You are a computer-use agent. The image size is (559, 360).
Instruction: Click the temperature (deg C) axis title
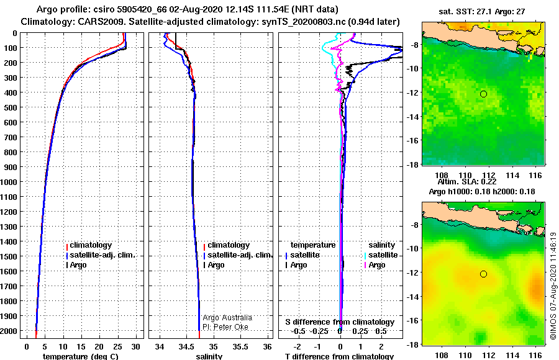pos(80,356)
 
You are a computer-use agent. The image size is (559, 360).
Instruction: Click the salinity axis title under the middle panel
pos(209,356)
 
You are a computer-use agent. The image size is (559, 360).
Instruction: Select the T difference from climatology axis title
pos(339,356)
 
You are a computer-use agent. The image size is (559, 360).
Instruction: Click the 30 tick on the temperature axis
pos(135,346)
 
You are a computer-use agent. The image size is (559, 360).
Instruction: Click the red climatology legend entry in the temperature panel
pos(89,245)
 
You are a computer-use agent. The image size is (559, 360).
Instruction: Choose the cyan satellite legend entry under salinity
pos(381,255)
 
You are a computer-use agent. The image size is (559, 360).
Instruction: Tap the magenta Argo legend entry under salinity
pos(375,265)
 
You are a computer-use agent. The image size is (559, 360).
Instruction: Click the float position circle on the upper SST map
pos(483,94)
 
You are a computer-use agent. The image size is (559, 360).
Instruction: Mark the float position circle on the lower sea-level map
pos(483,274)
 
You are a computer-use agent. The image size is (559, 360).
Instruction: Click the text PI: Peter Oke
pos(225,327)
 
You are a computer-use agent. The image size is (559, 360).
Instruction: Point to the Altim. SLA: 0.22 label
pos(467,182)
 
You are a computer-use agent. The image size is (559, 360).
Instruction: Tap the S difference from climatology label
pos(340,322)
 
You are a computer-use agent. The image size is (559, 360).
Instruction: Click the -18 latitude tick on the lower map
pos(413,344)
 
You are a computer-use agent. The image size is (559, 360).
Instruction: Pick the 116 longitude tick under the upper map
pos(536,176)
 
